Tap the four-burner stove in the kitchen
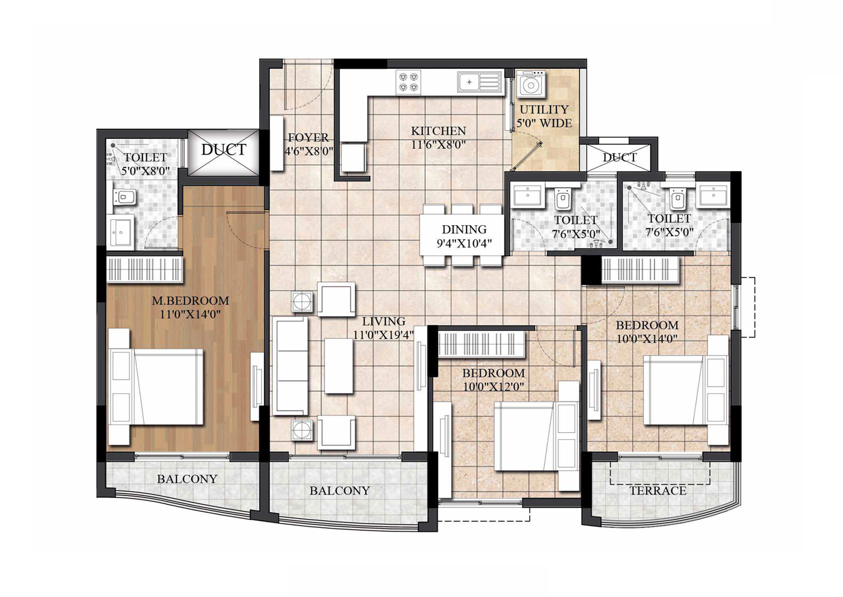pos(408,82)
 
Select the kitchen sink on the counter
pos(479,82)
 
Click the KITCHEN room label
pos(438,131)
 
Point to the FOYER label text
pos(308,138)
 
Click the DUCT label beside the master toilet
pos(223,150)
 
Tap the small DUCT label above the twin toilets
pos(620,157)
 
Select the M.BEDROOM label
pos(191,301)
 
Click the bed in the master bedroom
pos(156,387)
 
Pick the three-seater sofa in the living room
pos(290,366)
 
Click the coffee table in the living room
pos(339,366)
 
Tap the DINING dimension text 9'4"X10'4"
pos(464,243)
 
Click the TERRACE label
pos(658,491)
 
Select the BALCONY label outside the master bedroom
pos(187,479)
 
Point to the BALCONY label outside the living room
pos(339,491)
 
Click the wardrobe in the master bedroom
pos(145,269)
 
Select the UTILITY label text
pos(544,109)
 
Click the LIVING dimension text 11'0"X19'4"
pos(383,335)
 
